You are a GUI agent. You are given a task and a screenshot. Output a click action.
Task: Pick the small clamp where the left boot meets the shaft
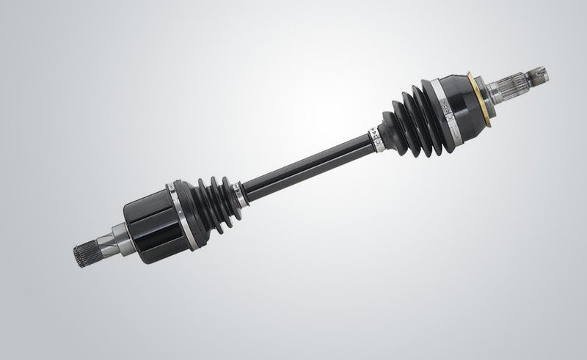point(236,192)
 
